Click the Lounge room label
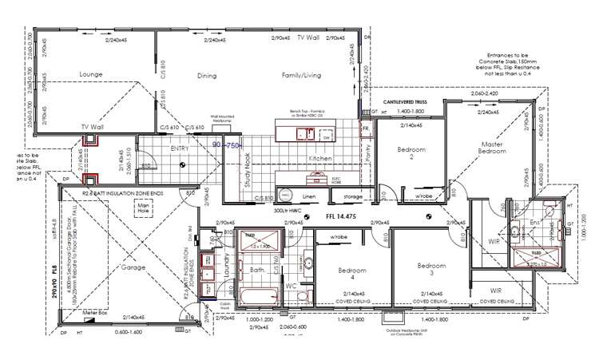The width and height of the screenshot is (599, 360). (91, 74)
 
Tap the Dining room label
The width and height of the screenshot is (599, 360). (207, 76)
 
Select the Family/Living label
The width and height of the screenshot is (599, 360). (301, 76)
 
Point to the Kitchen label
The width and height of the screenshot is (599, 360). (319, 159)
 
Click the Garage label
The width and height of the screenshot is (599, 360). (133, 267)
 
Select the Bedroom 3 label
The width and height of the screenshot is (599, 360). (432, 269)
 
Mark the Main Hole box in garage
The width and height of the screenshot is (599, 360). (144, 209)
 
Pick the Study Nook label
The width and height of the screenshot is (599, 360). (247, 169)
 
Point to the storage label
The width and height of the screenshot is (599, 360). (353, 196)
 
